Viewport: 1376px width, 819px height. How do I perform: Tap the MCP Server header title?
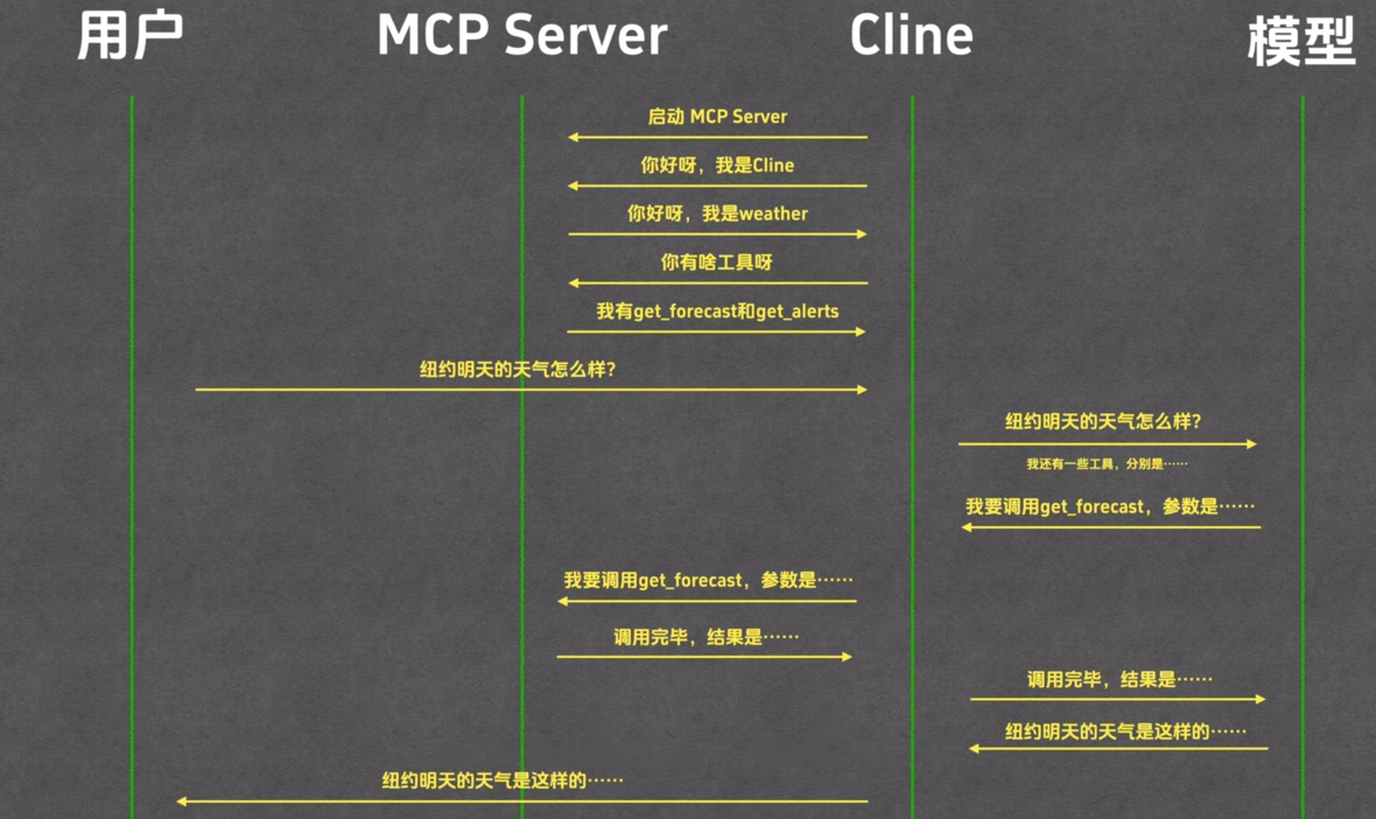(x=522, y=36)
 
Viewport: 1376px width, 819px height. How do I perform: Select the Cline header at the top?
(x=911, y=36)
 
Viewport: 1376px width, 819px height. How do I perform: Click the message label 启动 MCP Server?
(x=717, y=117)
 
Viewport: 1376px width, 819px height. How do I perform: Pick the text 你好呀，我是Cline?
(x=717, y=166)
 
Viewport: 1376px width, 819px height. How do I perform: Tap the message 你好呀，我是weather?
(x=717, y=214)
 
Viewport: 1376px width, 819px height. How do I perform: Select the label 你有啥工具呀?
(x=717, y=262)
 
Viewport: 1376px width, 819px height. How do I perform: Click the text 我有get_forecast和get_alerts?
(x=717, y=311)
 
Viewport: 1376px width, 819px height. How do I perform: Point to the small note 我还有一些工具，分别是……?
(x=1107, y=464)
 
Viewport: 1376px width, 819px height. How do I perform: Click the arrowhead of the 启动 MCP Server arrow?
(x=573, y=138)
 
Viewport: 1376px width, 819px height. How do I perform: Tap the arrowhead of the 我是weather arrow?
(x=862, y=235)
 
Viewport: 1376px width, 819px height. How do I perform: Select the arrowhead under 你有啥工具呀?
(x=573, y=283)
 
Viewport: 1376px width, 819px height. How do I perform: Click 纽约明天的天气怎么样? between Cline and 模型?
(x=1103, y=421)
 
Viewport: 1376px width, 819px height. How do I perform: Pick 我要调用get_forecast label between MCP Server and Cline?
(x=708, y=580)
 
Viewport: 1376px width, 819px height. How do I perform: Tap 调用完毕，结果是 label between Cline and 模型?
(x=1119, y=680)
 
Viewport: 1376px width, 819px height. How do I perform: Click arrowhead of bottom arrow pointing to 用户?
(x=181, y=801)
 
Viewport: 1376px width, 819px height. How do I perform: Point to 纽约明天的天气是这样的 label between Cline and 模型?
(x=1125, y=731)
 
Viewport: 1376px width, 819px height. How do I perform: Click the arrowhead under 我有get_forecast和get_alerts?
(x=861, y=332)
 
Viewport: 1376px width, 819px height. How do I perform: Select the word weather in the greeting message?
(x=773, y=214)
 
